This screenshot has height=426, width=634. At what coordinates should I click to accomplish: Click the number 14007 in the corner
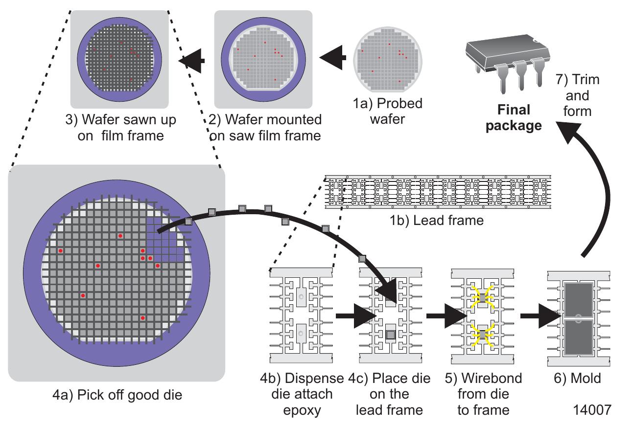pyautogui.click(x=592, y=410)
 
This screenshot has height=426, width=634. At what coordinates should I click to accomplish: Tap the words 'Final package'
pyautogui.click(x=514, y=117)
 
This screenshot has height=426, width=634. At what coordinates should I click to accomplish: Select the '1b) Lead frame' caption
pyautogui.click(x=437, y=221)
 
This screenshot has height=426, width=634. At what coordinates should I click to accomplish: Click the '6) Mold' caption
pyautogui.click(x=577, y=378)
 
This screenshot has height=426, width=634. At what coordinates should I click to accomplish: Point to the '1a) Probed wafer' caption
pyautogui.click(x=387, y=111)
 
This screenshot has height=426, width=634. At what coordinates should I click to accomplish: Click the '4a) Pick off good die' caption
pyautogui.click(x=117, y=395)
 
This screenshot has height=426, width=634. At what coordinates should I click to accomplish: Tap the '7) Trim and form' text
pyautogui.click(x=577, y=95)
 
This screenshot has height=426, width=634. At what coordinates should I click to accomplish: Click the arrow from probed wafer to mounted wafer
pyautogui.click(x=332, y=57)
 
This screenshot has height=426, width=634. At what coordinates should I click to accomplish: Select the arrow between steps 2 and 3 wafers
pyautogui.click(x=191, y=61)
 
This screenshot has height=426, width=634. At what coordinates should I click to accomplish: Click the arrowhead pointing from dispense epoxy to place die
pyautogui.click(x=365, y=316)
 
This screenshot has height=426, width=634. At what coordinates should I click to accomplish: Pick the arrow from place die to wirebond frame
pyautogui.click(x=446, y=316)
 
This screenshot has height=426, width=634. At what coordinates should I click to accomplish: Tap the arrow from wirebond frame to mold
pyautogui.click(x=541, y=316)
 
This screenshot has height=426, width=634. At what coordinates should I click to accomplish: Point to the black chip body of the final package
pyautogui.click(x=508, y=52)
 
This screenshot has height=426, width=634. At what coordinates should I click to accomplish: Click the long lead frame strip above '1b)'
pyautogui.click(x=438, y=192)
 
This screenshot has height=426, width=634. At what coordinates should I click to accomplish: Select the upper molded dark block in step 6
pyautogui.click(x=579, y=300)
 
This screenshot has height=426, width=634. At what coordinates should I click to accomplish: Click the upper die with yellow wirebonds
pyautogui.click(x=482, y=298)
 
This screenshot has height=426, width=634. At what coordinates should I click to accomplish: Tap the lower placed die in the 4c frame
pyautogui.click(x=391, y=335)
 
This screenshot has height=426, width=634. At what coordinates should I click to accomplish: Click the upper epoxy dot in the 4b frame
pyautogui.click(x=301, y=297)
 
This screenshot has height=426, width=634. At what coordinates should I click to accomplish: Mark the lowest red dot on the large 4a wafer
pyautogui.click(x=143, y=318)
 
